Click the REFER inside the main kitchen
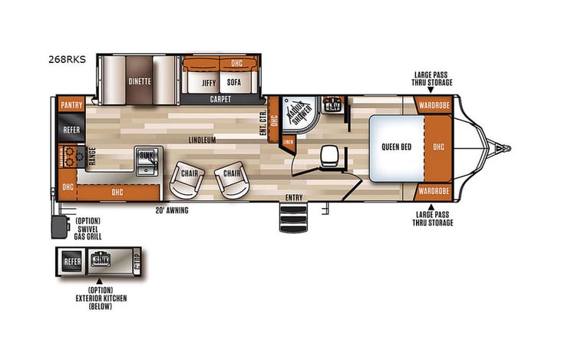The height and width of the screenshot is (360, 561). [x=71, y=130]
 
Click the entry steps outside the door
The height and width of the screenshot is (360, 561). [x=295, y=220]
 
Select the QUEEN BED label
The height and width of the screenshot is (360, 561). [x=396, y=146]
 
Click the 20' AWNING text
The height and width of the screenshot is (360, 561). [x=172, y=210]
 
